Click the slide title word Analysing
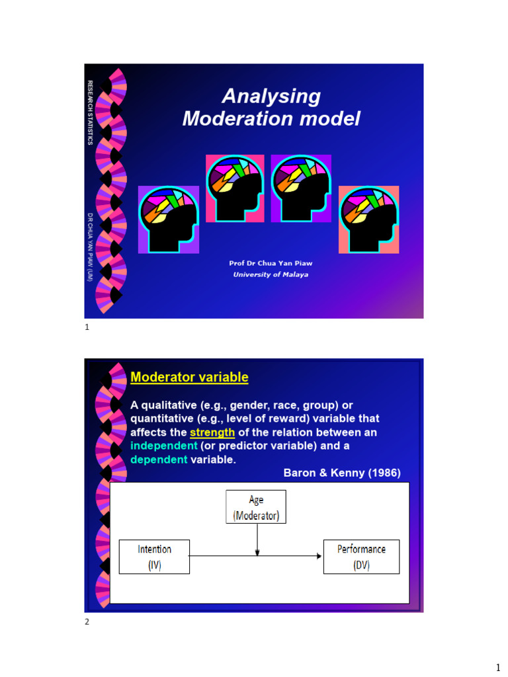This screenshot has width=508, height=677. click(271, 97)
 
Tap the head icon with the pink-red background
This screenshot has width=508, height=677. click(235, 188)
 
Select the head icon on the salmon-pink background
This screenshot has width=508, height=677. click(368, 219)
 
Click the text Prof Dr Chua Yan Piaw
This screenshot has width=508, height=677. click(271, 263)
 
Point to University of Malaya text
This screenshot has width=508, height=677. click(271, 275)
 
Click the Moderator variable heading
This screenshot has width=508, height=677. click(189, 378)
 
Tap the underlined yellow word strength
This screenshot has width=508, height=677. click(212, 432)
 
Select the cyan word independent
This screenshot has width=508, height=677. click(164, 446)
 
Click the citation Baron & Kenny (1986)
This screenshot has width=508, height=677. click(342, 473)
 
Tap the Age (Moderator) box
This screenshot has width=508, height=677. click(256, 506)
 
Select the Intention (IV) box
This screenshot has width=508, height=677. click(154, 557)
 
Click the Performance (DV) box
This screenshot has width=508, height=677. click(361, 557)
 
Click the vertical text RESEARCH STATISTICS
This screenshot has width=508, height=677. click(91, 113)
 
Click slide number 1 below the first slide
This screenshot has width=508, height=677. click(87, 327)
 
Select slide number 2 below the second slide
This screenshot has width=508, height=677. click(87, 621)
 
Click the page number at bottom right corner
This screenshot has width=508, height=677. click(497, 668)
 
